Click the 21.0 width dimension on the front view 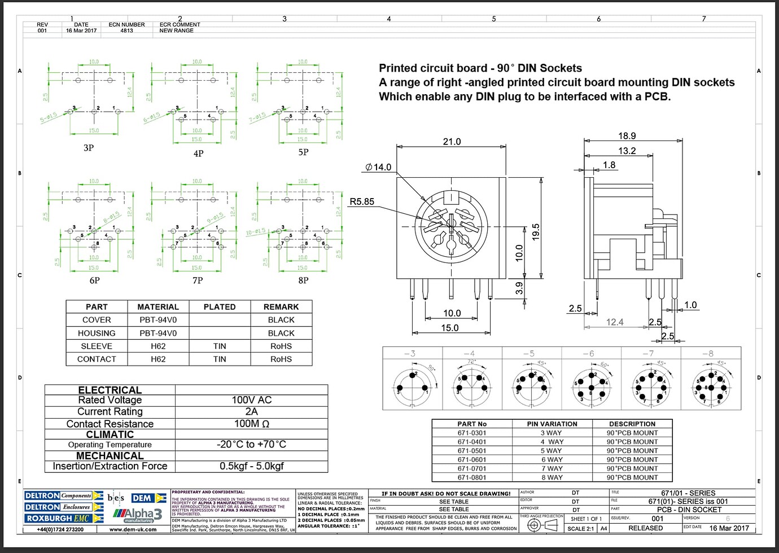452,142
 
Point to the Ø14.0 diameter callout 378,167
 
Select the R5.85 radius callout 362,201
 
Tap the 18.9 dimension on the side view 627,136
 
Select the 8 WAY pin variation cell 552,477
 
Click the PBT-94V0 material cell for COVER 158,320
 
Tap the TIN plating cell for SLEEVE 220,346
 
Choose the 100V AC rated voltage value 251,400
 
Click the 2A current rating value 251,411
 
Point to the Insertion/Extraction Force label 110,466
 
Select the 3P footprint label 89,148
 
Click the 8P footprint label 303,280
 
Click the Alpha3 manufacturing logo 138,515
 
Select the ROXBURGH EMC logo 64,518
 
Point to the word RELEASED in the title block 646,528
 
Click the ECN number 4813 127,30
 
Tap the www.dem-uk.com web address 133,529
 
